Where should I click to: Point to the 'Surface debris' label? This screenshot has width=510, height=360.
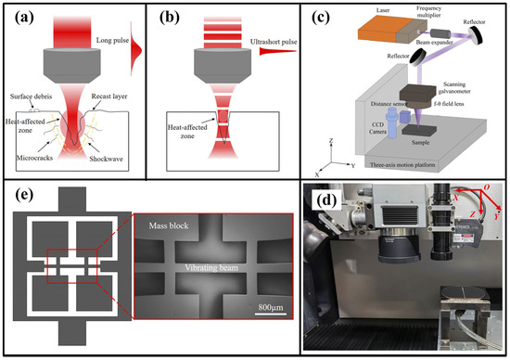pos(31,96)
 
